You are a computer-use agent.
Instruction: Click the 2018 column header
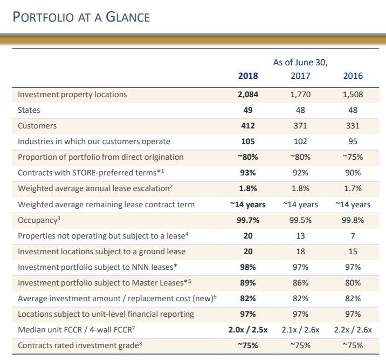(x=248, y=76)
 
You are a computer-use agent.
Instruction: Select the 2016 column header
(x=353, y=76)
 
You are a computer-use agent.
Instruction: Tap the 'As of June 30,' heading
(x=300, y=63)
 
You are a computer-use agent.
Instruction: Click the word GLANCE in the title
(x=128, y=17)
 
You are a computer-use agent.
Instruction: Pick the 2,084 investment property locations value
(x=248, y=94)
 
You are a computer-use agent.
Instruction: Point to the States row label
(x=29, y=110)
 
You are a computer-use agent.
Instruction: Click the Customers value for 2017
(x=300, y=126)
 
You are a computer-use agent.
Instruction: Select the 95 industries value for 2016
(x=353, y=141)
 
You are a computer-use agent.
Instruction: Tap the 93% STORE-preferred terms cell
(x=248, y=173)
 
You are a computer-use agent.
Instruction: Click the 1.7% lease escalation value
(x=353, y=188)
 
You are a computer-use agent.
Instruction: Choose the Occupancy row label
(x=39, y=220)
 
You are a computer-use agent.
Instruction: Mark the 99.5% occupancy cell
(x=300, y=220)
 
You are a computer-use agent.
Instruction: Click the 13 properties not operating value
(x=300, y=236)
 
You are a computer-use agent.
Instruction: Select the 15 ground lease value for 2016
(x=353, y=252)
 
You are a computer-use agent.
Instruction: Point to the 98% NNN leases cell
(x=248, y=267)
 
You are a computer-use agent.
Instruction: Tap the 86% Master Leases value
(x=300, y=283)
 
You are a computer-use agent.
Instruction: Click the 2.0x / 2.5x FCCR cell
(x=248, y=330)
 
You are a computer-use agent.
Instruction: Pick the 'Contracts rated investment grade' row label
(x=80, y=345)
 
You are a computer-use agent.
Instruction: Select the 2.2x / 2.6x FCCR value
(x=353, y=330)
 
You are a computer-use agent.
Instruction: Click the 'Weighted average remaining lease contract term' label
(x=106, y=205)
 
